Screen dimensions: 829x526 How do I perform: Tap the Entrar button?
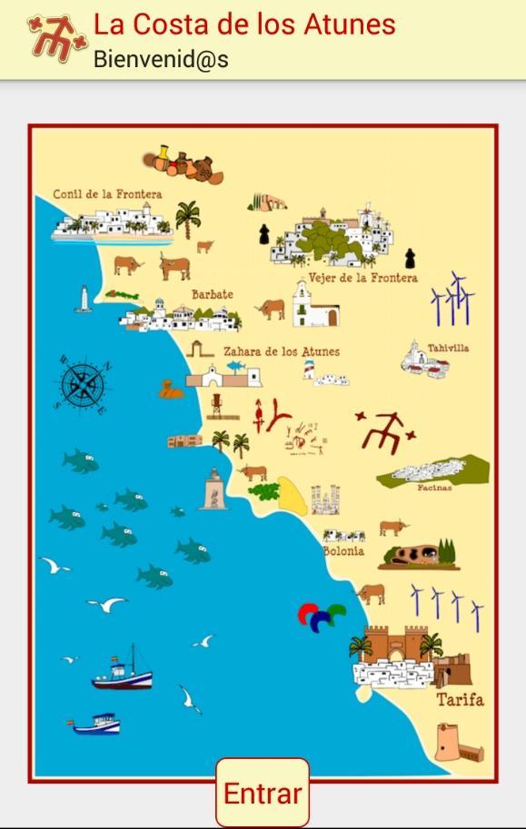click(x=263, y=793)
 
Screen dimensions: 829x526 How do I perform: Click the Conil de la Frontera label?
click(x=107, y=194)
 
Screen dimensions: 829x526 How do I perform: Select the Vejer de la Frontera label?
click(x=362, y=278)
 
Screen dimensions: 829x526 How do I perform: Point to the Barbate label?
click(x=212, y=294)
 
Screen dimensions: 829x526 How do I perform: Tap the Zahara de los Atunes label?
click(x=282, y=351)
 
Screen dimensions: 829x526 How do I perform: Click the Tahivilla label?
click(x=448, y=348)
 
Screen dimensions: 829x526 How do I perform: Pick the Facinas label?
click(x=434, y=488)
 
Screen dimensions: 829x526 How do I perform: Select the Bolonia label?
click(x=343, y=550)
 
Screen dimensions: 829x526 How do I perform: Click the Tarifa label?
click(x=460, y=700)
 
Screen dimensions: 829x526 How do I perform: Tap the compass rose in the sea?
click(x=84, y=385)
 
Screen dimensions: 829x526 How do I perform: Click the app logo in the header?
click(x=56, y=38)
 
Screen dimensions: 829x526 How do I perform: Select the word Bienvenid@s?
click(x=161, y=60)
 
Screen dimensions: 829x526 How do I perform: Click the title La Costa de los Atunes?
click(x=244, y=24)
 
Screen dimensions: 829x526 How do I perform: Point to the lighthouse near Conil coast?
click(x=84, y=299)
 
